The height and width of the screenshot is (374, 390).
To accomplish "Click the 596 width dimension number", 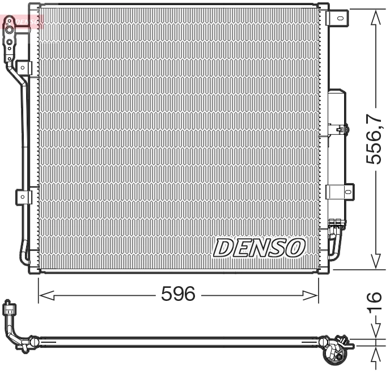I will pos(178,294).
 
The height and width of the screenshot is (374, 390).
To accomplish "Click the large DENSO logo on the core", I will pos(258,247).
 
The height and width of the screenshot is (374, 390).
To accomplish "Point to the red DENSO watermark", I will pos(23,22).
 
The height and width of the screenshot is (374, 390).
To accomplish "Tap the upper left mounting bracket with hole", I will pos(24,66).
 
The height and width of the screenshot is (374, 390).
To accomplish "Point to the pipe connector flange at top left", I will pos(10,40).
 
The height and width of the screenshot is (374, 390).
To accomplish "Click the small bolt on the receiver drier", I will pos(340,130).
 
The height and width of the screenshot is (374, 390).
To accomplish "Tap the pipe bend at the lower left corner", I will pos(24,252).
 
